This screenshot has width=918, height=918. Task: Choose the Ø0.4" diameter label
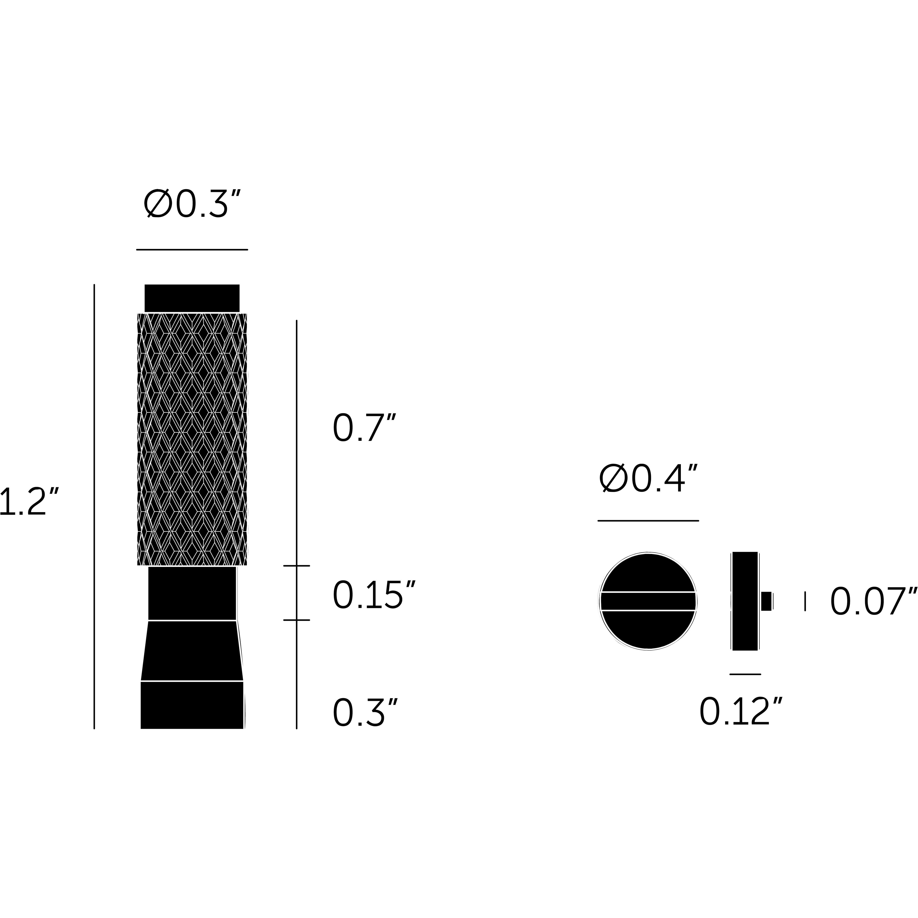point(648,479)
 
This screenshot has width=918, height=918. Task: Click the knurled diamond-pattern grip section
point(192,440)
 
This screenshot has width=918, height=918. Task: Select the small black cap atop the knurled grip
point(192,298)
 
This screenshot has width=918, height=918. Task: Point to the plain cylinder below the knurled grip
point(192,593)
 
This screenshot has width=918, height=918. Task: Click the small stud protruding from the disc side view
point(766,601)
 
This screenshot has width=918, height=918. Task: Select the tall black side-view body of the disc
point(745,601)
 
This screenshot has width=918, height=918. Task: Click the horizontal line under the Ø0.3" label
point(192,249)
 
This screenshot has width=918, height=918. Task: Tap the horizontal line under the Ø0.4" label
point(648,521)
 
